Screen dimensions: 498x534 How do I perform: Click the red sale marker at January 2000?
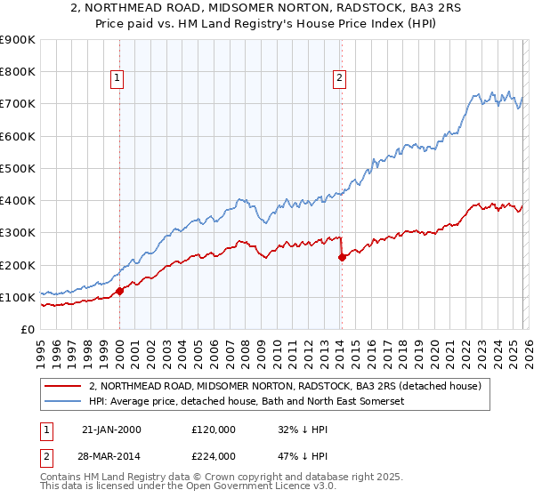(119, 290)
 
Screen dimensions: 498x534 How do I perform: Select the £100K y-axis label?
(18, 297)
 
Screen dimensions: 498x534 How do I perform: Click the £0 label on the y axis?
(27, 329)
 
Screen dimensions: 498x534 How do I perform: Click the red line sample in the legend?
(64, 386)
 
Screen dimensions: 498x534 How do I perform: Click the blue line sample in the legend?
(64, 402)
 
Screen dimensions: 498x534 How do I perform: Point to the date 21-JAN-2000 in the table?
(110, 430)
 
